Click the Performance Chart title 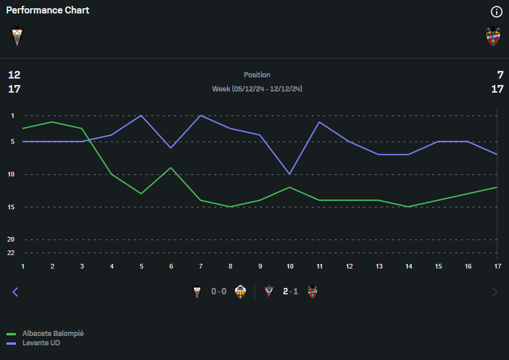click(x=47, y=11)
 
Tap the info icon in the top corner click(x=496, y=12)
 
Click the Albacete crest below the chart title click(x=16, y=37)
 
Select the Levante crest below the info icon click(x=493, y=37)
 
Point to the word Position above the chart click(x=257, y=75)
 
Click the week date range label click(x=257, y=89)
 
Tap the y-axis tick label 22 click(x=11, y=253)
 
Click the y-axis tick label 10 click(x=11, y=174)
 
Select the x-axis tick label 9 click(x=260, y=266)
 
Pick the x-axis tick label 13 click(x=379, y=266)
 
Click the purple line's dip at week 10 click(x=290, y=174)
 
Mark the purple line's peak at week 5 click(x=141, y=116)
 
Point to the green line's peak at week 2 click(x=52, y=122)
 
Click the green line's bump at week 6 click(x=171, y=168)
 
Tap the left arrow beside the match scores click(x=15, y=292)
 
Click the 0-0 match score click(x=219, y=291)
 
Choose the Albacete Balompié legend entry click(x=53, y=334)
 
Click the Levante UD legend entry click(x=41, y=343)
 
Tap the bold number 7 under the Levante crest click(x=500, y=75)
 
